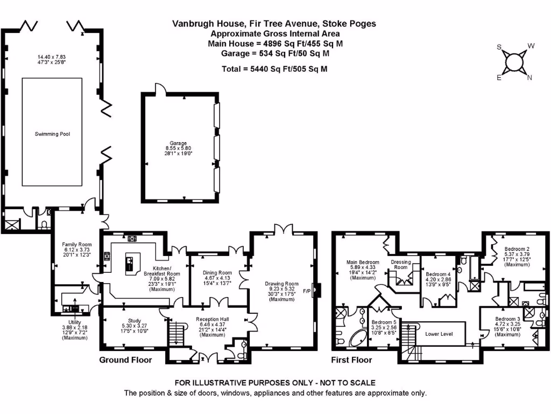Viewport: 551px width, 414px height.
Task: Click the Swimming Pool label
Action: [52, 134]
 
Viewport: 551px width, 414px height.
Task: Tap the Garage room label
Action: [178, 143]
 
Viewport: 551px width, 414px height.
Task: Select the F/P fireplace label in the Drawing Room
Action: [307, 291]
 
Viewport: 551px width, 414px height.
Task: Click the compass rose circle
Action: [514, 63]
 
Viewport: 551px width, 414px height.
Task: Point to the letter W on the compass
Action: [531, 46]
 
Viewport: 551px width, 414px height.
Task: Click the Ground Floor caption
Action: [125, 360]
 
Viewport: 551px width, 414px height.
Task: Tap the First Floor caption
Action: [351, 360]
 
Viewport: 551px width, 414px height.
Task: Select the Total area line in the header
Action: [274, 69]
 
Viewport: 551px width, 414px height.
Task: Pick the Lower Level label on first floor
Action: [439, 334]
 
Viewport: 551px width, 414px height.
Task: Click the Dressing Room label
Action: [400, 264]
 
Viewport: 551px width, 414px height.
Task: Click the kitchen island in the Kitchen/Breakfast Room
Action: [133, 264]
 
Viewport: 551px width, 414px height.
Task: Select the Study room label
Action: [134, 320]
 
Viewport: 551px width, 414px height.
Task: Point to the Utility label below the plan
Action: [74, 322]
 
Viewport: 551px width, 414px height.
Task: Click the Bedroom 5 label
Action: [384, 322]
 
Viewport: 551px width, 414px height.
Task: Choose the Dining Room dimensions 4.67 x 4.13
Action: [217, 278]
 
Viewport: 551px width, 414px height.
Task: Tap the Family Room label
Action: [76, 244]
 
